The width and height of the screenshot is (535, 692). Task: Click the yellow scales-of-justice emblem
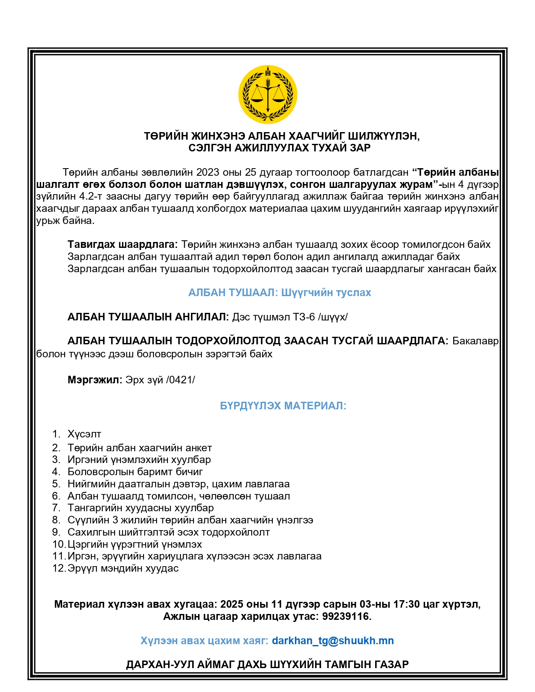pos(268,94)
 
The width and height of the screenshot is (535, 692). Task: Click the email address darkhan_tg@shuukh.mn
pos(333,640)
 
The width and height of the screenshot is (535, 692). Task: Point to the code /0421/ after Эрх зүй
pos(180,380)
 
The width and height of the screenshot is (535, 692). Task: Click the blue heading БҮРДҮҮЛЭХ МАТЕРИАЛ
pos(283,406)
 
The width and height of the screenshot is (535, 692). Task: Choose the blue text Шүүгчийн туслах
pos(326,292)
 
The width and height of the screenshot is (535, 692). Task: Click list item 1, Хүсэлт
pos(84,434)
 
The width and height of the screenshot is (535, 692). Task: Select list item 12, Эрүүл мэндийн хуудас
pos(123,568)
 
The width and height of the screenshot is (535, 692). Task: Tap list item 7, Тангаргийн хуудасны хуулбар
pos(141,508)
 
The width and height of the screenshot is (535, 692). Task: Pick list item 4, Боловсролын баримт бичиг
pos(135,472)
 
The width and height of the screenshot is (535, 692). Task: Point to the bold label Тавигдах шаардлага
pos(123,244)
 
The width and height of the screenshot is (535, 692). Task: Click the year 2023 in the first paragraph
pos(208,172)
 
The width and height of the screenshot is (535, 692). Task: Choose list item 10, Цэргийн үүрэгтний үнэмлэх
pos(135,544)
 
